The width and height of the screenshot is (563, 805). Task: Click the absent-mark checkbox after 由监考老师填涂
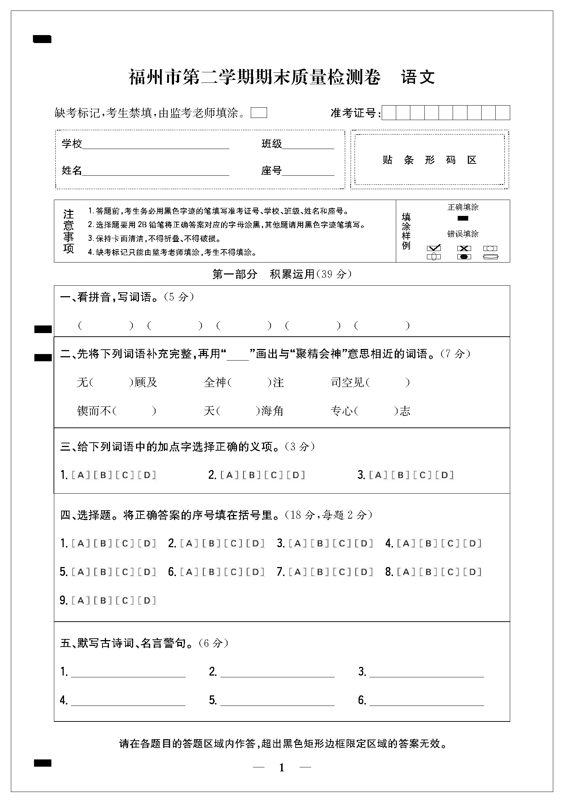pos(259,113)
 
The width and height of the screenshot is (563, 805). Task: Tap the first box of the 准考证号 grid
pos(389,113)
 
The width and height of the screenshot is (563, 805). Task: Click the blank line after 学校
pos(156,145)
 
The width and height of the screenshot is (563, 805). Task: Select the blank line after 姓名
pos(156,171)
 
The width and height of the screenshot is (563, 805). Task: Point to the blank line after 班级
pos(308,145)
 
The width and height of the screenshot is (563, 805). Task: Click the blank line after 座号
pos(308,171)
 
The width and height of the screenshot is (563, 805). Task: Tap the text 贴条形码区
pos(429,160)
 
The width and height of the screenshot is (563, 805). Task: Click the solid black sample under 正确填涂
pos(463,218)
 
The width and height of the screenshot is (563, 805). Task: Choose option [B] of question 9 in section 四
pos(103,601)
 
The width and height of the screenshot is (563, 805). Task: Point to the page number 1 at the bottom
pos(282,767)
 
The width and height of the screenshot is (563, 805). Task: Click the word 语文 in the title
pos(418,77)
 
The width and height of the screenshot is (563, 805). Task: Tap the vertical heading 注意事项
pos(68,231)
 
